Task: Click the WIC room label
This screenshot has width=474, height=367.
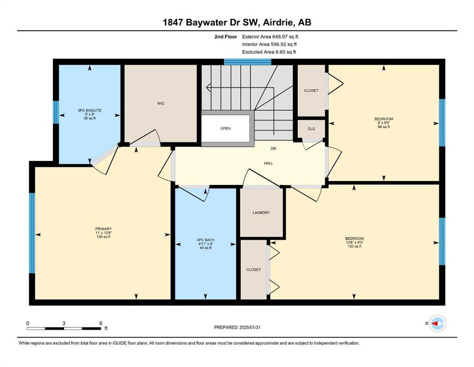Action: (161, 104)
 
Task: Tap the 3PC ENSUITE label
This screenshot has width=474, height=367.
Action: (90, 110)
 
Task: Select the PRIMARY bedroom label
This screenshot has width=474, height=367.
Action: (104, 229)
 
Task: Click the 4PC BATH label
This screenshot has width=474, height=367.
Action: (206, 240)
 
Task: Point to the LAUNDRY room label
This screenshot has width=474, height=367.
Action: (261, 213)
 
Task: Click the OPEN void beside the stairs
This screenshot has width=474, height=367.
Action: (225, 128)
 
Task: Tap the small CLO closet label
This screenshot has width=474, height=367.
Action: (311, 129)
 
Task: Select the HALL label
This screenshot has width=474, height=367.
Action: (268, 163)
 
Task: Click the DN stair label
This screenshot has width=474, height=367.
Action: (273, 149)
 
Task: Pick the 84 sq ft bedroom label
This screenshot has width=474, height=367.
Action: (384, 123)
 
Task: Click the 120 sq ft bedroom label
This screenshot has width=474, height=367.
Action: (355, 242)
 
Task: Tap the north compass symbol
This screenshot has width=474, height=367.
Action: (437, 324)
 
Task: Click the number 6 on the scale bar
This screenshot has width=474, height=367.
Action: (101, 323)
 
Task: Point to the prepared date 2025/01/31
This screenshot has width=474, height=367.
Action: (250, 327)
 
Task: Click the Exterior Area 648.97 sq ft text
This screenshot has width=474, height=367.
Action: (270, 37)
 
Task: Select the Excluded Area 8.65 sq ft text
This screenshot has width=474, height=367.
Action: (269, 52)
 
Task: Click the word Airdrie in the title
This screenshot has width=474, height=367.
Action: (279, 22)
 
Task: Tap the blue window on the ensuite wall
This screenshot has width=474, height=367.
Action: (56, 112)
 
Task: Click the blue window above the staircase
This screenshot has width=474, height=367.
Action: (248, 62)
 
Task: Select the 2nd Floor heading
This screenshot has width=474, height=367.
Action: (226, 37)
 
